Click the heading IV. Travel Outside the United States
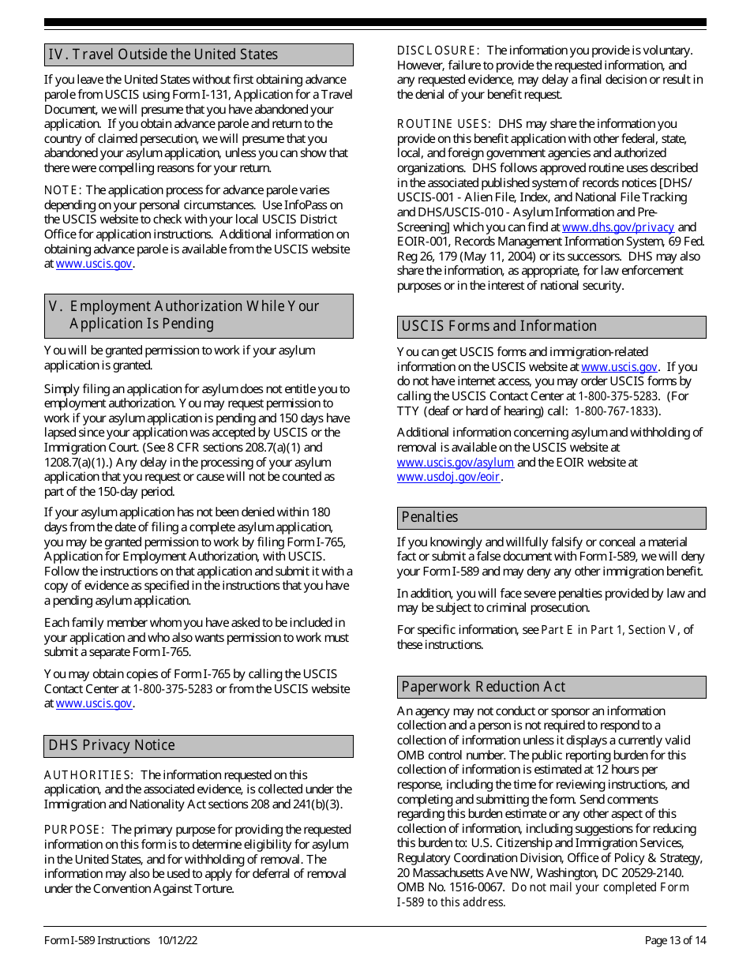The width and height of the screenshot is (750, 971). (163, 54)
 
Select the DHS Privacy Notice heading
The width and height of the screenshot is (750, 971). (112, 745)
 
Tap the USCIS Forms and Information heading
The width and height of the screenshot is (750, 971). (499, 326)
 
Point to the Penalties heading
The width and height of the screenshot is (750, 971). (429, 517)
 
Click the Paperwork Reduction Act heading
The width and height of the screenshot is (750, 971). (483, 687)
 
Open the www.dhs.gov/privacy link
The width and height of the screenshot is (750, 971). (618, 227)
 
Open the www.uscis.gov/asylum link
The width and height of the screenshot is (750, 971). (456, 463)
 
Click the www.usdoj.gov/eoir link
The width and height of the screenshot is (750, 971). (448, 477)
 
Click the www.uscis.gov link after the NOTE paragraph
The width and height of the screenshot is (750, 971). (94, 264)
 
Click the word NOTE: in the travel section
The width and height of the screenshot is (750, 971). (62, 190)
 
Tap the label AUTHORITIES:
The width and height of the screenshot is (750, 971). (88, 775)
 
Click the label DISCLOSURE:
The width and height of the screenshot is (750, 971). (438, 51)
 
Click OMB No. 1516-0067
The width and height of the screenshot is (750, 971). (451, 887)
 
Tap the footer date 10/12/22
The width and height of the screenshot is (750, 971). (178, 940)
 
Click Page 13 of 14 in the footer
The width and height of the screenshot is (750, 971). (675, 940)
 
